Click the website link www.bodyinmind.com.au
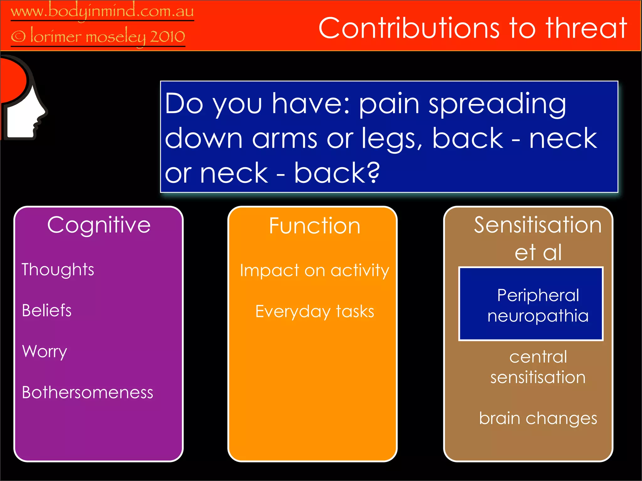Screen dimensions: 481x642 click(102, 12)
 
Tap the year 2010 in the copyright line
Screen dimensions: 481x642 click(167, 37)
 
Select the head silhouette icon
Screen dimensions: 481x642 click(24, 99)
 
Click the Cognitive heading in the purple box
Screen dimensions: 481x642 click(99, 225)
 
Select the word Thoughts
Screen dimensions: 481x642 click(58, 270)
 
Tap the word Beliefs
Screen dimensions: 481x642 click(47, 311)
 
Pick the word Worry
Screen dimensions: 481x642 click(45, 351)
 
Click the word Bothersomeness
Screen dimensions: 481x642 click(87, 392)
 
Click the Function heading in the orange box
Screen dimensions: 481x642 click(314, 226)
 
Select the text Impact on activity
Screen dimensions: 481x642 click(314, 270)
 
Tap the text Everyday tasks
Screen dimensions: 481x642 click(314, 312)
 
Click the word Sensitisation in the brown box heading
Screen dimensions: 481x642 click(538, 225)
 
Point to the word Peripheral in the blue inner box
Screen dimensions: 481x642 click(538, 295)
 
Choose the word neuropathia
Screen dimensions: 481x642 click(538, 316)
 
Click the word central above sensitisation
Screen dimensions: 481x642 click(538, 357)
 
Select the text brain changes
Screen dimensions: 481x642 click(538, 418)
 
